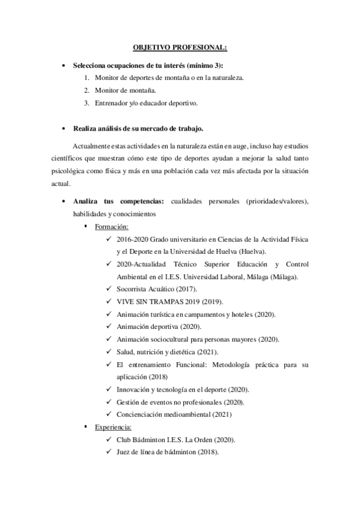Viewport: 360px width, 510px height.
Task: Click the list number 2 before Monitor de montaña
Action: point(87,90)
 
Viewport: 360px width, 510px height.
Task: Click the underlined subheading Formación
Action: point(112,227)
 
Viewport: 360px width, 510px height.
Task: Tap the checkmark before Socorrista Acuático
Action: point(108,289)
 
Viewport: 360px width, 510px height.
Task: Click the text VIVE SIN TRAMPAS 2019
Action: point(155,301)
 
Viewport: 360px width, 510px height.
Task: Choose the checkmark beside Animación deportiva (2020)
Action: point(108,327)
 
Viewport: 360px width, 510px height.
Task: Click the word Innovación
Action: point(136,389)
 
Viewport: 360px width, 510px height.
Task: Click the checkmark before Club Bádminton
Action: point(108,440)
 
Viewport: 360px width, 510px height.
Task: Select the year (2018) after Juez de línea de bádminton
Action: point(208,452)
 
